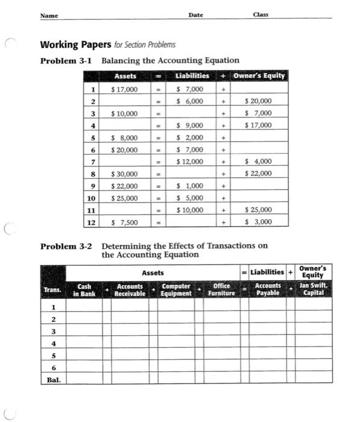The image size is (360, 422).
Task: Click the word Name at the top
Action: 49,15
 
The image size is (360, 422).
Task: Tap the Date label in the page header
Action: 195,14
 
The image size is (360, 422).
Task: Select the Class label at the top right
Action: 261,14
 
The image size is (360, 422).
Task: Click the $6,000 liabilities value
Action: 190,101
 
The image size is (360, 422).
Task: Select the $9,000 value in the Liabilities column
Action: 190,125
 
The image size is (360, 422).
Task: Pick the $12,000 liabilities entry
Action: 190,162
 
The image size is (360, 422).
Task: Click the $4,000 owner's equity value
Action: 260,162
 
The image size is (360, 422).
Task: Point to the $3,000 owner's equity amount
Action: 260,222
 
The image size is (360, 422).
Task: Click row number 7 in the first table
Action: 93,162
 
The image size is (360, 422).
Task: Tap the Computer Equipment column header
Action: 177,290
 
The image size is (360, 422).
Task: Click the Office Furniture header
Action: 221,290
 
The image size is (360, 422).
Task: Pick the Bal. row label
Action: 54,380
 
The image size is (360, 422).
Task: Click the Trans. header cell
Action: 53,291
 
